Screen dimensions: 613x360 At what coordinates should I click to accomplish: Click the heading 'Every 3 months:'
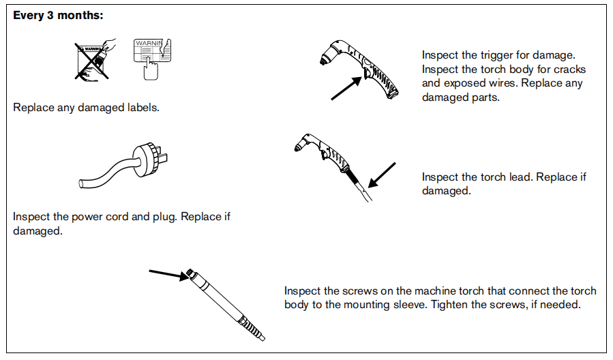coord(58,15)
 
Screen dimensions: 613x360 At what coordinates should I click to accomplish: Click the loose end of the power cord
coord(81,183)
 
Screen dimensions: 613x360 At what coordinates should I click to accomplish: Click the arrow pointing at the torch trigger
coord(346,88)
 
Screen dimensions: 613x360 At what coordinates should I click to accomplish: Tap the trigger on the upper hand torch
coord(367,72)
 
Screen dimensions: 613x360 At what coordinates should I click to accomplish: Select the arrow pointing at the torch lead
coord(382,175)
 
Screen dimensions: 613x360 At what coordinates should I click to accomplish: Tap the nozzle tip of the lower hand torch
coord(297,148)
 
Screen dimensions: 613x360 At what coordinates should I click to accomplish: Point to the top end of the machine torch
coord(190,271)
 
